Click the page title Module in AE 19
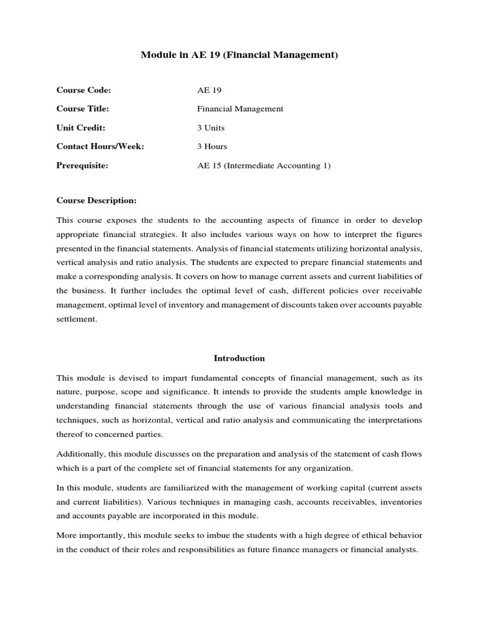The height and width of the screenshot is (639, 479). point(239,56)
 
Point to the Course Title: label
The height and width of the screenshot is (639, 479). point(83,109)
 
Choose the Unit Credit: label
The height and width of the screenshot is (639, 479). point(82,127)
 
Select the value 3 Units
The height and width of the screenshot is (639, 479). point(211,127)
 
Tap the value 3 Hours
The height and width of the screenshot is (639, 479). point(212,146)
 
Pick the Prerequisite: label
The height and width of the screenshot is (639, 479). point(82,165)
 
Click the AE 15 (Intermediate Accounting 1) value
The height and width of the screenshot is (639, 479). point(264,165)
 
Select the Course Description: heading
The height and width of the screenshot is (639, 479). point(96,200)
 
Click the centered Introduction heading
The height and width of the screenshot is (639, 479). point(239,358)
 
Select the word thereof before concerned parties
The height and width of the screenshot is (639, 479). point(72,435)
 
